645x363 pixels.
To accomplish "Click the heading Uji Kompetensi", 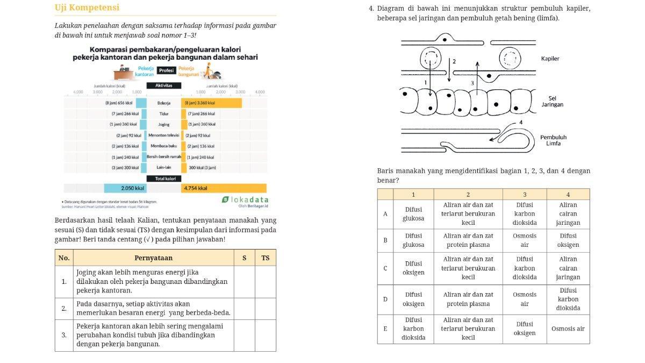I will coord(87,8).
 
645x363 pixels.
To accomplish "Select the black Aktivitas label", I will coord(163,86).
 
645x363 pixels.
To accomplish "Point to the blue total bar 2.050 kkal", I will coord(125,188).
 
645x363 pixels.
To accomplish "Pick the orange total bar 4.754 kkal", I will coord(224,188).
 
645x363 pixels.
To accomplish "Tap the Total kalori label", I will coord(164,179).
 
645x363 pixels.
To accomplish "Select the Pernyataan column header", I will coord(153,258).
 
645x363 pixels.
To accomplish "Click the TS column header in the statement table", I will coord(265,258).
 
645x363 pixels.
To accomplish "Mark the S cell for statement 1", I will coord(244,281).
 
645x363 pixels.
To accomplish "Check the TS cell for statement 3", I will coord(265,335).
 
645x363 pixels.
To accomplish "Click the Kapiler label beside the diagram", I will coord(550,59).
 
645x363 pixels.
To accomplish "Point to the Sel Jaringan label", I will coord(552,102).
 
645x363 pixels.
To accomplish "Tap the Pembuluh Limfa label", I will coord(553,140).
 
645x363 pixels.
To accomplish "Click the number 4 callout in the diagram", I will coord(520,123).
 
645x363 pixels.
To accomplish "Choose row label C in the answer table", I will coord(385,268).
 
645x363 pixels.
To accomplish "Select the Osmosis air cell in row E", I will coord(568,329).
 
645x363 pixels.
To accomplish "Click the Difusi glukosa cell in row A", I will coord(413,214).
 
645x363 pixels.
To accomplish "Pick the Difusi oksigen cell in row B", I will coord(568,240).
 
